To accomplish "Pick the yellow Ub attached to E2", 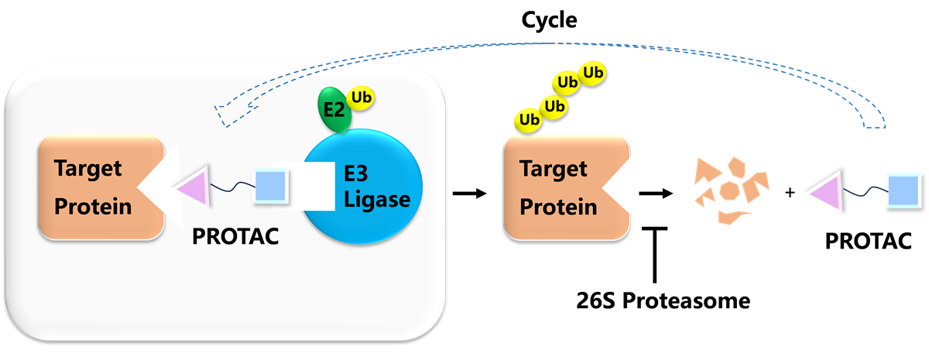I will point(360,98).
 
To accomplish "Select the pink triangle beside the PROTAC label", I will point(190,189).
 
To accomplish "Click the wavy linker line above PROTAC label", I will point(232,187).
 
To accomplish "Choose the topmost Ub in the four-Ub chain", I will point(594,73).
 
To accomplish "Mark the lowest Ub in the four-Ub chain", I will point(530,120).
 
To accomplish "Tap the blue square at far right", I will point(900,190).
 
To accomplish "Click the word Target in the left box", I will point(88,167).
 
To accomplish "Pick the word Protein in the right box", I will point(558,207).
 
